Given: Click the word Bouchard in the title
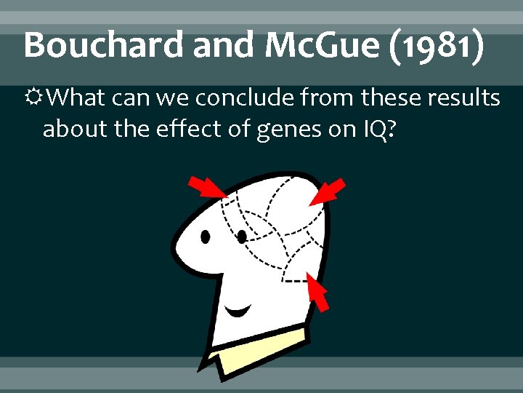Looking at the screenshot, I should [x=103, y=45].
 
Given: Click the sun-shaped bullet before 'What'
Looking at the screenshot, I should [x=33, y=97].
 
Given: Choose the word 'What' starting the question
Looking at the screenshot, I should [x=81, y=97].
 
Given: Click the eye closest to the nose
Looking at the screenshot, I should [x=206, y=237].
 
